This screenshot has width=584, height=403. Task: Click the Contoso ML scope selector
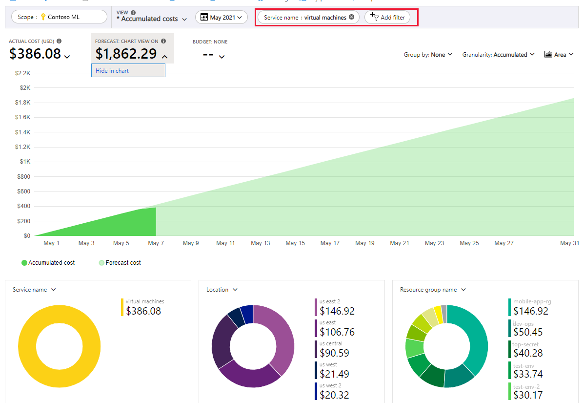coord(59,17)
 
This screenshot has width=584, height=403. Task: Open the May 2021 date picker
coord(222,18)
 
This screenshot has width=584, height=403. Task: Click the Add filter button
coord(388,18)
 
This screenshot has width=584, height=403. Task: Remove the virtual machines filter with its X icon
coord(351,17)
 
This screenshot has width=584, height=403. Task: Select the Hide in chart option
coord(112,71)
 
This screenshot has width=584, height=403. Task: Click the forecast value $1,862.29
coord(126,54)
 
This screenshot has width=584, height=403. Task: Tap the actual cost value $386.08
coord(35,54)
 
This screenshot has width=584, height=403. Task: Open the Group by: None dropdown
coord(428,55)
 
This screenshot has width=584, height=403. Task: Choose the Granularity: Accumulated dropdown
coord(498,55)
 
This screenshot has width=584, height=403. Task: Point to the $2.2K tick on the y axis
coord(23,73)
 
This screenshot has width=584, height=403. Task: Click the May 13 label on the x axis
coord(260,243)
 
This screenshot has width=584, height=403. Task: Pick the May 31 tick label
coord(569,243)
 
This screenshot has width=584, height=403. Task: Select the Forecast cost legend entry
coord(120,263)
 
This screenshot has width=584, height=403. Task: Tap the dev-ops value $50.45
coord(528,332)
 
